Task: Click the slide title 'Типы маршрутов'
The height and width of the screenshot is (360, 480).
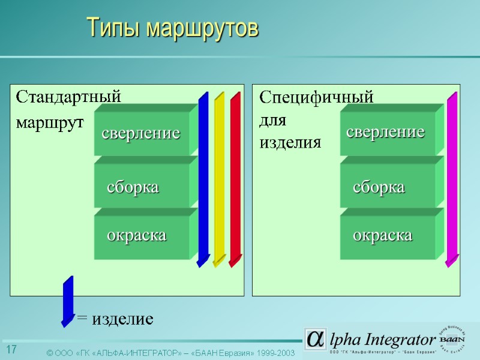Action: pos(173,28)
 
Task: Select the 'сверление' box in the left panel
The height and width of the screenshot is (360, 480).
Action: pos(141,133)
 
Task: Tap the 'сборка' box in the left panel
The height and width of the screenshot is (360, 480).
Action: pos(141,187)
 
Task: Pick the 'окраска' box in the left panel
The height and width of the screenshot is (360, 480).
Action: pos(141,235)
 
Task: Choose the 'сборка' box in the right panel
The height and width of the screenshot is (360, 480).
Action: pos(387,187)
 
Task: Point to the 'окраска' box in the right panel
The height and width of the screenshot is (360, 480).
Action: pos(387,235)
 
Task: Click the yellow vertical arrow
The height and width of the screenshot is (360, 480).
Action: pos(219,180)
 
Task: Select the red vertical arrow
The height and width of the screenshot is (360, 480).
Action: pos(235,180)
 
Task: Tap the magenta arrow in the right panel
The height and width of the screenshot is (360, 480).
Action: pos(451,180)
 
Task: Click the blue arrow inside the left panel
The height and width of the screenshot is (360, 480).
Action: pos(203,180)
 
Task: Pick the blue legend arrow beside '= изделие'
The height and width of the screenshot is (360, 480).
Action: pos(68,302)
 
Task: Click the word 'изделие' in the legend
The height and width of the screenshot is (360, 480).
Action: pos(122,319)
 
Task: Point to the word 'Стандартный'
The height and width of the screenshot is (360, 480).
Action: pos(68,97)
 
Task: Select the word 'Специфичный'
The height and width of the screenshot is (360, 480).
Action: pos(316,97)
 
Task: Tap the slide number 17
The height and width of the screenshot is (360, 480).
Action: pos(11,350)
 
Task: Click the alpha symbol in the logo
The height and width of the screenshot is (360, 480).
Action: pos(314,338)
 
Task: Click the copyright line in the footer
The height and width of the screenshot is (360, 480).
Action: pos(171,353)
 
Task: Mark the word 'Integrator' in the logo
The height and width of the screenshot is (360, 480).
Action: pos(400,339)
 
